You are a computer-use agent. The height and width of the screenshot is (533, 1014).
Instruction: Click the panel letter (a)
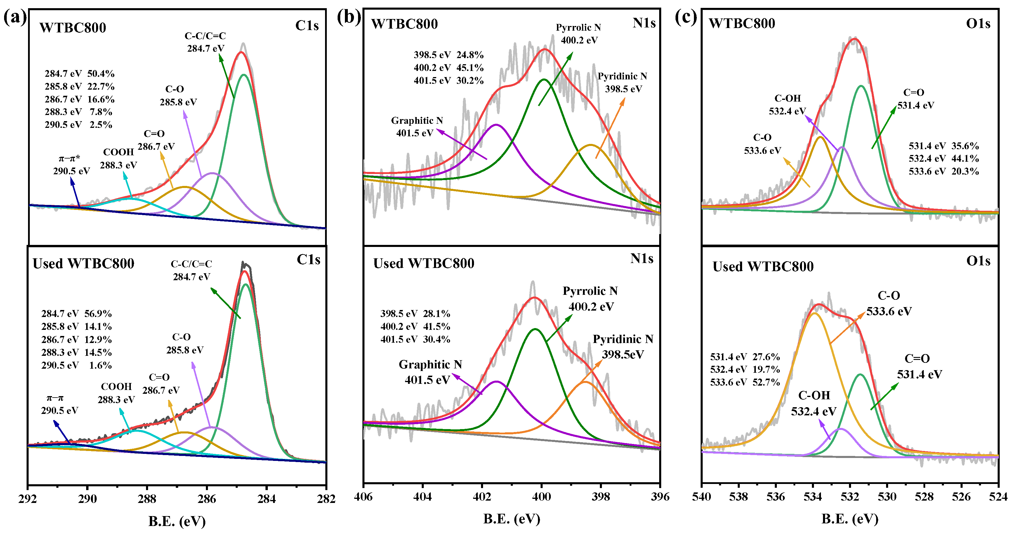coord(15,18)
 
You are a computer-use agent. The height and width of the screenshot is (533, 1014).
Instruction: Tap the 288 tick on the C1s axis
coord(147,499)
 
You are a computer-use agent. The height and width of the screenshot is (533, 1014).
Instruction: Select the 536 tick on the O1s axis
coord(775,497)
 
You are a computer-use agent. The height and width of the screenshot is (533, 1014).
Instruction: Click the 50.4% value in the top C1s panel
coord(101,74)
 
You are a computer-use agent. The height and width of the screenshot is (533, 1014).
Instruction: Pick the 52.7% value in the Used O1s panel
coord(766,382)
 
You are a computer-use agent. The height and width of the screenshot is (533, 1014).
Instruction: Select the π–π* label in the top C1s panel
coord(69,158)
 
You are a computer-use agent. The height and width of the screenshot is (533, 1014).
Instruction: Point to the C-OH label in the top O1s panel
coord(788,98)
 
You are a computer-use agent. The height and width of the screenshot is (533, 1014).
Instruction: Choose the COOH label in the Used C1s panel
coord(116,387)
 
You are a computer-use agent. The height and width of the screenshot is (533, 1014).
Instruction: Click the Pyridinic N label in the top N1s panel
coord(622,76)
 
